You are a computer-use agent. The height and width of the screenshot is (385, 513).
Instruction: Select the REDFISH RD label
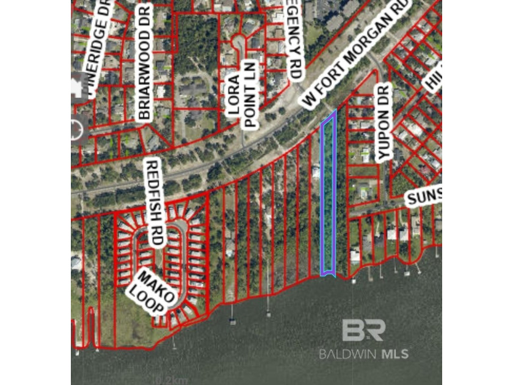155,202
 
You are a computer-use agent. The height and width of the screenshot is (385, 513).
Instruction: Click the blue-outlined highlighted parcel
329,196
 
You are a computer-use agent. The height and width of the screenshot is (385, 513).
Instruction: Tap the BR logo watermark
363,331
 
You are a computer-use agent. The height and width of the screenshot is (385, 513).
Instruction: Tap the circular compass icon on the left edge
76,130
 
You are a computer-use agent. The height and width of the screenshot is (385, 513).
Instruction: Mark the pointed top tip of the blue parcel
333,114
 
